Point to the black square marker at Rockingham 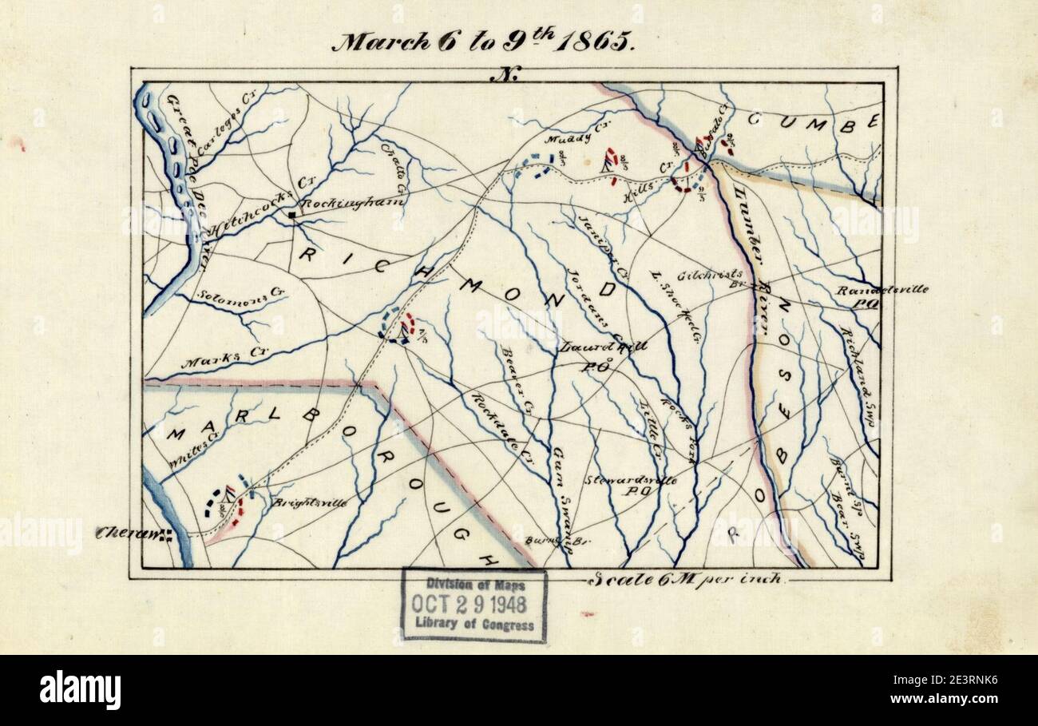coord(294,215)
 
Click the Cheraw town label coord(128,534)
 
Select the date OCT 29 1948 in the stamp coord(473,604)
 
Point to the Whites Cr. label coord(185,451)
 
